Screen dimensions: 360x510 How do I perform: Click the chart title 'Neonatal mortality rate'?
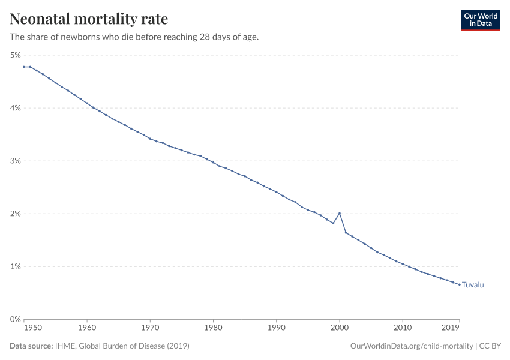(x=89, y=19)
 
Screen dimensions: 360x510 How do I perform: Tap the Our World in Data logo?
(x=480, y=20)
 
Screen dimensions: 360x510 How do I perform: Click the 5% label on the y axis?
(x=15, y=55)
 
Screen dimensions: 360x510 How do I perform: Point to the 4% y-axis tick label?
(x=15, y=108)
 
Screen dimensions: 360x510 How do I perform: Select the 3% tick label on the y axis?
(x=15, y=161)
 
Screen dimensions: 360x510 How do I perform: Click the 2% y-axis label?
(x=15, y=214)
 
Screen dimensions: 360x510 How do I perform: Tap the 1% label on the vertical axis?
(x=15, y=266)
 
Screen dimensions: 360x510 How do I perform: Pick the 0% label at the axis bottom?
(x=15, y=319)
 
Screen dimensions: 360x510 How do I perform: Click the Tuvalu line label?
(x=473, y=285)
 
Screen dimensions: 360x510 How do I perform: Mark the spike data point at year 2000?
(x=340, y=213)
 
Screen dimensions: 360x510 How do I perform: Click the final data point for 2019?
(x=460, y=284)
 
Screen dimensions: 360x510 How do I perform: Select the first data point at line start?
(x=24, y=67)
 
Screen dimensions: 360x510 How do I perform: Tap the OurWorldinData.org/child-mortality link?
(x=411, y=346)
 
